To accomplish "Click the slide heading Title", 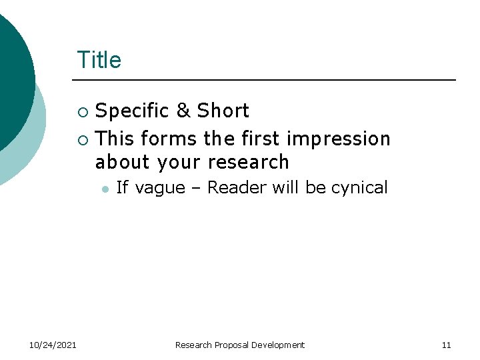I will pos(99,60).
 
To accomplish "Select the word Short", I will pos(223,111).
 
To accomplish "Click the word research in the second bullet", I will pos(248,162).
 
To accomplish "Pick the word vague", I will pos(159,188).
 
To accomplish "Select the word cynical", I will pos(359,188).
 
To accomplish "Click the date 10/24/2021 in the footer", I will pos(53,345).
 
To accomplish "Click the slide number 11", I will pos(446,345).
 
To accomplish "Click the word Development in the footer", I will pos(279,345).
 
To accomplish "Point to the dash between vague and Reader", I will pos(196,189).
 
